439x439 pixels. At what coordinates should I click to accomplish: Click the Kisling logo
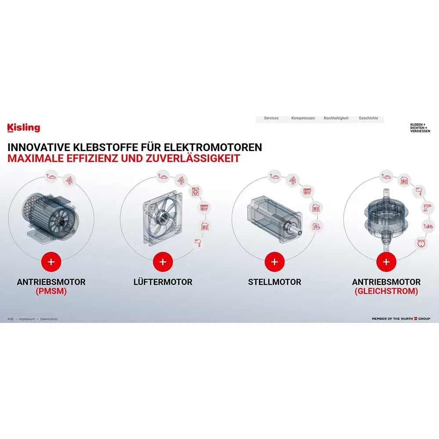(24, 128)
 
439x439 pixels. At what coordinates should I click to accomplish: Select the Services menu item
(271, 118)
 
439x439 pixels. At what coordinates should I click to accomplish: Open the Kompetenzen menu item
(303, 118)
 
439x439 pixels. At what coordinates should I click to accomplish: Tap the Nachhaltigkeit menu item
(336, 118)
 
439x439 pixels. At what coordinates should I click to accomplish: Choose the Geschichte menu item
(368, 118)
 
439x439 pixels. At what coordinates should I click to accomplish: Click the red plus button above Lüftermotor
(163, 262)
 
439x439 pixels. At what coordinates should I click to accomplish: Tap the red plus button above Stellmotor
(275, 262)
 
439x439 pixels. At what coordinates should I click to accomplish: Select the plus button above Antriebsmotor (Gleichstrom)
(386, 262)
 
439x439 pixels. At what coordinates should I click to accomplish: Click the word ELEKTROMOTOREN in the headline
(213, 147)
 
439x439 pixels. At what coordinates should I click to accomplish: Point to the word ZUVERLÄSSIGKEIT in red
(193, 158)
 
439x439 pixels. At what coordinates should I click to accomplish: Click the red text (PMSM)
(51, 291)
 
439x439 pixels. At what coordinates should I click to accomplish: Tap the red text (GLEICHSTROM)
(386, 291)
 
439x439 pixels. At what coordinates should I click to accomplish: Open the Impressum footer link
(27, 319)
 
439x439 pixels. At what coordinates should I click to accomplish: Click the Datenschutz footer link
(49, 319)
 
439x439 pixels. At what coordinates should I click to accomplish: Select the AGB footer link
(11, 319)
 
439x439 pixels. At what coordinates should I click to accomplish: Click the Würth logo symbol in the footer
(416, 319)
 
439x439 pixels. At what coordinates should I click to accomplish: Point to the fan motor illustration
(162, 218)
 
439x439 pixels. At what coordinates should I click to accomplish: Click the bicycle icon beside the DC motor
(428, 226)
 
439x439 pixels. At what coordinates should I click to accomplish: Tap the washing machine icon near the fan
(195, 192)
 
